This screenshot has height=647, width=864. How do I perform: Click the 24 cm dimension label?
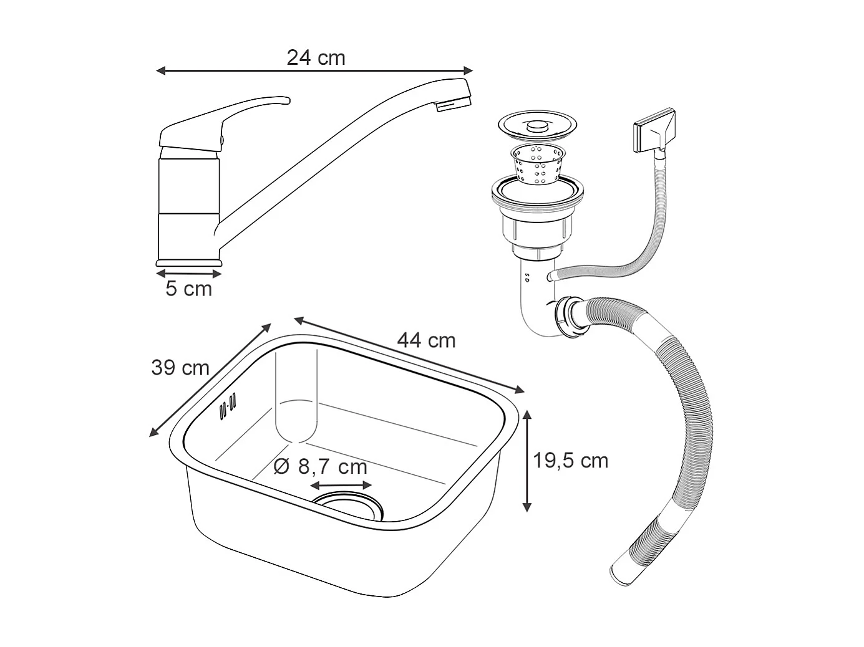tap(316, 58)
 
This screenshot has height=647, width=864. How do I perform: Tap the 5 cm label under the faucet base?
tap(188, 289)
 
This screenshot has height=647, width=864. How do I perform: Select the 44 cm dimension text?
tap(426, 340)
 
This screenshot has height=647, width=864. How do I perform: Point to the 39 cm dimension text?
tap(180, 368)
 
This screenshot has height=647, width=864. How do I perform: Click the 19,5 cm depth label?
tap(570, 460)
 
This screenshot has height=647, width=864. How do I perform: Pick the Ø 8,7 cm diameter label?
tap(320, 467)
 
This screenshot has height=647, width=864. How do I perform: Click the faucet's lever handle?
tap(225, 122)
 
